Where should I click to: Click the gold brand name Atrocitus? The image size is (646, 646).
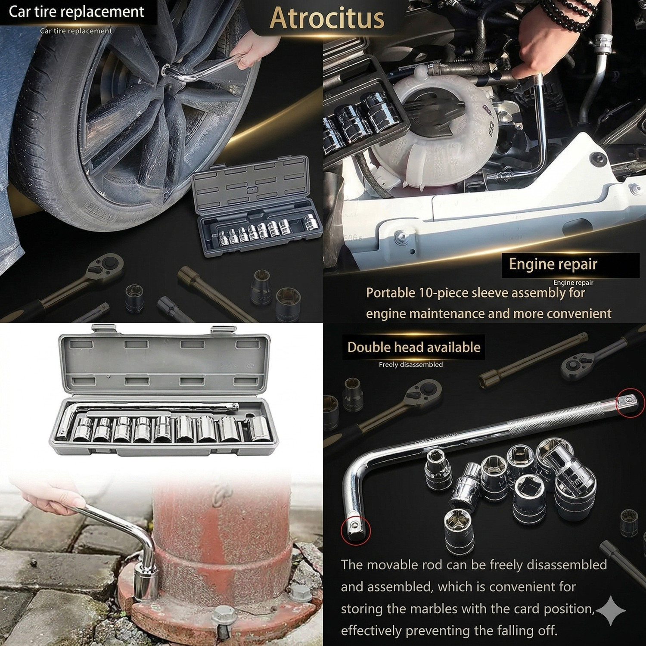327,18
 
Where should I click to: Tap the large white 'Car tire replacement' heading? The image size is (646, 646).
76,12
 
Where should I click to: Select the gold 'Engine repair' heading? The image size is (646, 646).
553,264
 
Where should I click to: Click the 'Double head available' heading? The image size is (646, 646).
414,347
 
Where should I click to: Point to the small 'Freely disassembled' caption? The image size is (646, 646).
410,364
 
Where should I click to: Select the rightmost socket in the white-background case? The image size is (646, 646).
258,429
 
